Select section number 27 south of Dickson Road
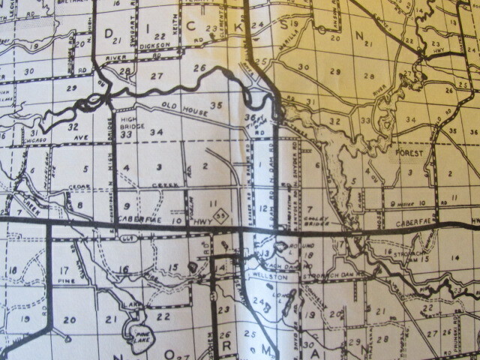pos(156,76)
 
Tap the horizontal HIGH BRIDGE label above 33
pos(131,124)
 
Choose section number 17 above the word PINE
pos(64,270)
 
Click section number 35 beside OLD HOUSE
pos(217,105)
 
